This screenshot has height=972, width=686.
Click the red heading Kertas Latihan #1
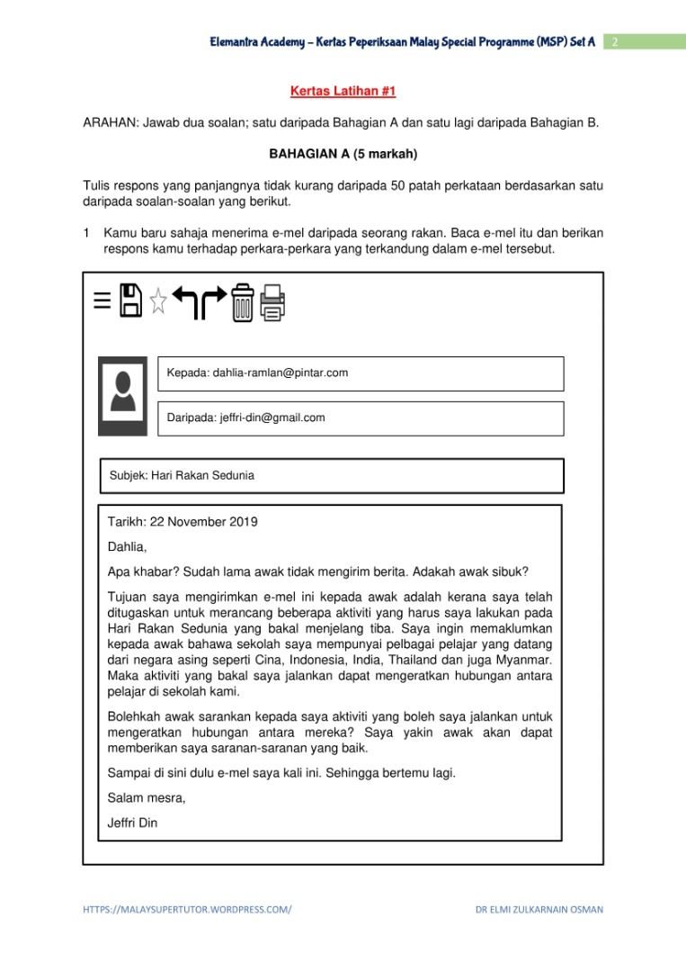(343, 92)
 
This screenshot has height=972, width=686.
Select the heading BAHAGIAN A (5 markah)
(343, 154)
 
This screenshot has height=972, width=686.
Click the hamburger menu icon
(102, 301)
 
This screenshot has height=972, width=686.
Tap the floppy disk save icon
(130, 300)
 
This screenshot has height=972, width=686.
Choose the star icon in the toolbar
(158, 301)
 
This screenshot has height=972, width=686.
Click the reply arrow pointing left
(185, 302)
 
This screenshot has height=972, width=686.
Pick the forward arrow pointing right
(213, 302)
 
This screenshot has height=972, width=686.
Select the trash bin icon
(242, 301)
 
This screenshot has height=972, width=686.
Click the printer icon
(272, 302)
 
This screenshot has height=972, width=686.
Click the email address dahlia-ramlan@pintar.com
(280, 373)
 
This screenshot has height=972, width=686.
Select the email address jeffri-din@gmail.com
(272, 418)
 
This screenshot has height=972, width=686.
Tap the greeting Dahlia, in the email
(127, 546)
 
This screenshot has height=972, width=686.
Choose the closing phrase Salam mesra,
(147, 797)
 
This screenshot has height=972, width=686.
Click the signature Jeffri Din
(132, 822)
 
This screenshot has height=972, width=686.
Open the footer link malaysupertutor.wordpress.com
(187, 909)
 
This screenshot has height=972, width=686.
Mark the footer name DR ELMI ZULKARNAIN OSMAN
(539, 909)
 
